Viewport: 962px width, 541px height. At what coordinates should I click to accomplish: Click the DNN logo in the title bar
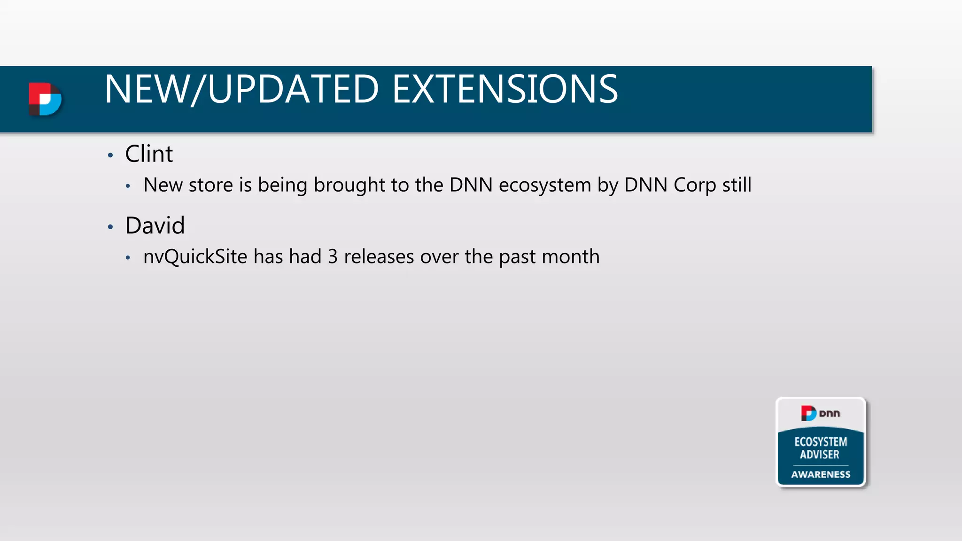tap(45, 99)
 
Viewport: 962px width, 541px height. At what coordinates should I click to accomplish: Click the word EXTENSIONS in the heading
tap(505, 89)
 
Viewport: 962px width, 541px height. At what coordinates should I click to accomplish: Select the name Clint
tap(149, 154)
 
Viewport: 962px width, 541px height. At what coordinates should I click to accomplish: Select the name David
tap(155, 225)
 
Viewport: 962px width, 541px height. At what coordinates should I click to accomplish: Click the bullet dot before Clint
tap(110, 155)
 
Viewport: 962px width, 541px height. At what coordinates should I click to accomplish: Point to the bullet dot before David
tap(110, 227)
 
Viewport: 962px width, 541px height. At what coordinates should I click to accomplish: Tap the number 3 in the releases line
tap(333, 257)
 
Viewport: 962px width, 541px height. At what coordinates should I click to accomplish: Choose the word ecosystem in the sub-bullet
tap(545, 185)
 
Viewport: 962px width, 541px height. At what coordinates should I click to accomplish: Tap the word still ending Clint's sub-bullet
tap(737, 185)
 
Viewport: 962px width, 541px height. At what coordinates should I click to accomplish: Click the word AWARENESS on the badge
tap(821, 474)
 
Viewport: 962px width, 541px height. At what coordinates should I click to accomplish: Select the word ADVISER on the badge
tap(820, 455)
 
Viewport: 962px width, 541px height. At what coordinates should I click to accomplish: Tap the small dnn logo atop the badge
tap(820, 413)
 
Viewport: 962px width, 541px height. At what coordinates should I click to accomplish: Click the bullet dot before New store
tap(128, 186)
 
